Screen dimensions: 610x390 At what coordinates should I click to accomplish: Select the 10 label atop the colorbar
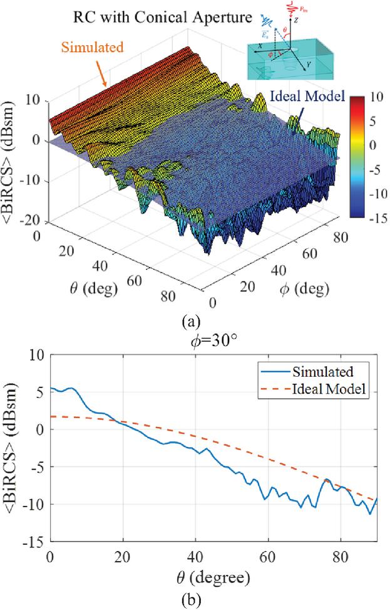377,99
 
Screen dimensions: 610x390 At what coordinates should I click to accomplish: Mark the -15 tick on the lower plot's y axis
35,542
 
